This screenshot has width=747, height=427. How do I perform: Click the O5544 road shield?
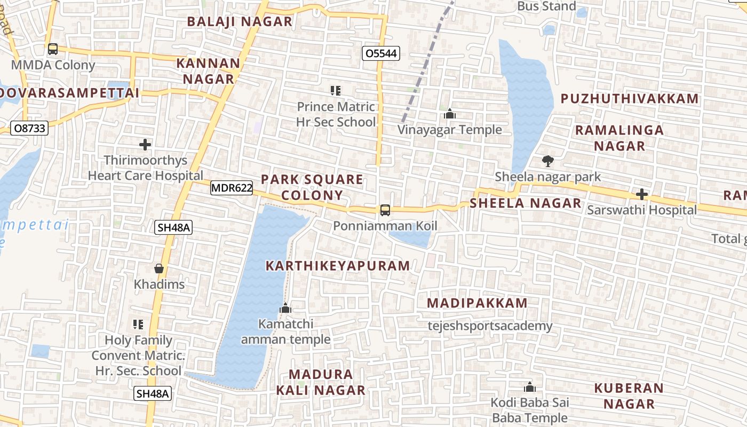click(380, 53)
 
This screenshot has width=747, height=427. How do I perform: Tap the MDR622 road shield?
click(232, 188)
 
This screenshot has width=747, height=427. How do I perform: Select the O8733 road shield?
click(30, 128)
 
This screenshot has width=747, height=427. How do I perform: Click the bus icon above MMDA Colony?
click(53, 49)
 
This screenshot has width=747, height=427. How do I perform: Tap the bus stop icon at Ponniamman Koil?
click(385, 210)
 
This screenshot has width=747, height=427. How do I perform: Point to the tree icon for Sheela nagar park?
click(547, 161)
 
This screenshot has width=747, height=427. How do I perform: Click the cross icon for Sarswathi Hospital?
click(642, 194)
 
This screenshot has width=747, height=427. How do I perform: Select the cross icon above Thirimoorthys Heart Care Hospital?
click(145, 145)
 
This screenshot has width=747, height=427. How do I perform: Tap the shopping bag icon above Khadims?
click(159, 268)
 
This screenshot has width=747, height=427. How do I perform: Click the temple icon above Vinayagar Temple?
click(450, 114)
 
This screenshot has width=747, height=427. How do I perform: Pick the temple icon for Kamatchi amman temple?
click(285, 309)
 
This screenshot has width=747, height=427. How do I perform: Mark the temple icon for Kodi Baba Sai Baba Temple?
click(530, 387)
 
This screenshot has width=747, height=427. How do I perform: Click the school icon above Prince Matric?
click(336, 91)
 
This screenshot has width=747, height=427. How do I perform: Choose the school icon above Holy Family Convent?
click(138, 325)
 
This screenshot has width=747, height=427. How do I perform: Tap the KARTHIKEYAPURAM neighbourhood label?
click(338, 265)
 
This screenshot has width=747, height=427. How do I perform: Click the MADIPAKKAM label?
click(477, 303)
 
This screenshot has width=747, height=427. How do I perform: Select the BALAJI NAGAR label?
click(240, 22)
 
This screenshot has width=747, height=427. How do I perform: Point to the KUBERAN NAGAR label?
click(629, 396)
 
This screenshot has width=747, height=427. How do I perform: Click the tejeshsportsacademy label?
click(490, 326)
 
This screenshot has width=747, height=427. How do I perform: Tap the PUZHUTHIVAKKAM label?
click(630, 99)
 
